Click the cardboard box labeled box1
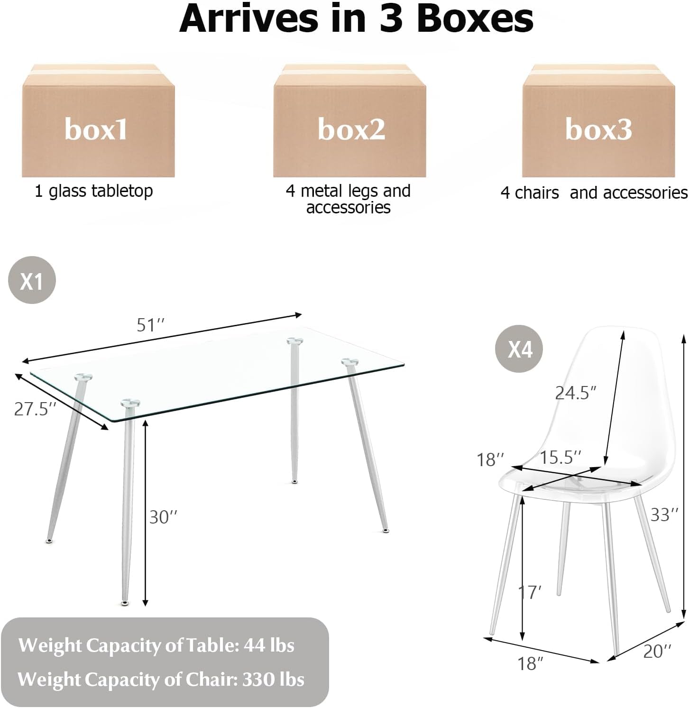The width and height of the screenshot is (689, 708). pos(98,120)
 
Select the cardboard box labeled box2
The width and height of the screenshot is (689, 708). pos(349,120)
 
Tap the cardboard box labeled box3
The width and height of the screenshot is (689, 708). pos(598,120)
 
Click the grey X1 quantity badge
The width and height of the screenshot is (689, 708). pos(32,280)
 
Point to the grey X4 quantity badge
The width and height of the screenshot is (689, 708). pos(519,349)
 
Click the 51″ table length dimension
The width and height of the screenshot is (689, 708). pos(151,325)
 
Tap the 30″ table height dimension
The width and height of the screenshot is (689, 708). pos(164,517)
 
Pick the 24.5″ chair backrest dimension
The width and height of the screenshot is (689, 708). pos(576,393)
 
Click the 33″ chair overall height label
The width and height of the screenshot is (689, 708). pos(664,515)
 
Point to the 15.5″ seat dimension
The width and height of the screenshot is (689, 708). pos(560,457)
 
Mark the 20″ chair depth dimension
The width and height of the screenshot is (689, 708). pos(657,651)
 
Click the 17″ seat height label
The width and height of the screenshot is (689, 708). pos(530,592)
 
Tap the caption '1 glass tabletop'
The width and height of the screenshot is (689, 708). pos(94,191)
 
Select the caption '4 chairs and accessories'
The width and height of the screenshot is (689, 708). pos(594,193)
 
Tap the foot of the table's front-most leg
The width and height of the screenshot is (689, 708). pos(124,603)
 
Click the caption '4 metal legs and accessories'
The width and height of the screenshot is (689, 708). pos(349,199)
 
